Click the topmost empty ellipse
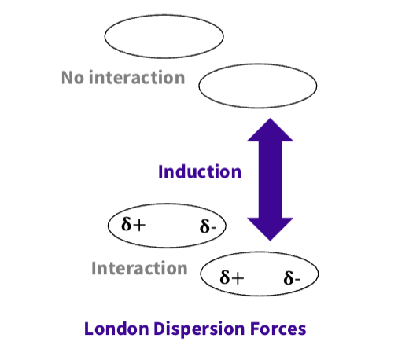pyautogui.click(x=164, y=35)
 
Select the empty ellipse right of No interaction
pyautogui.click(x=257, y=87)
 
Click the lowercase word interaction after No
pyautogui.click(x=137, y=78)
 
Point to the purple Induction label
pyautogui.click(x=199, y=171)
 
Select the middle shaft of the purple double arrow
pyautogui.click(x=270, y=179)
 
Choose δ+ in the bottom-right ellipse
pyautogui.click(x=232, y=277)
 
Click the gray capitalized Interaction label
pyautogui.click(x=139, y=268)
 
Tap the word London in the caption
pyautogui.click(x=113, y=328)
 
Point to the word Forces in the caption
pyautogui.click(x=279, y=328)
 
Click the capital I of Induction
pyautogui.click(x=161, y=171)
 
